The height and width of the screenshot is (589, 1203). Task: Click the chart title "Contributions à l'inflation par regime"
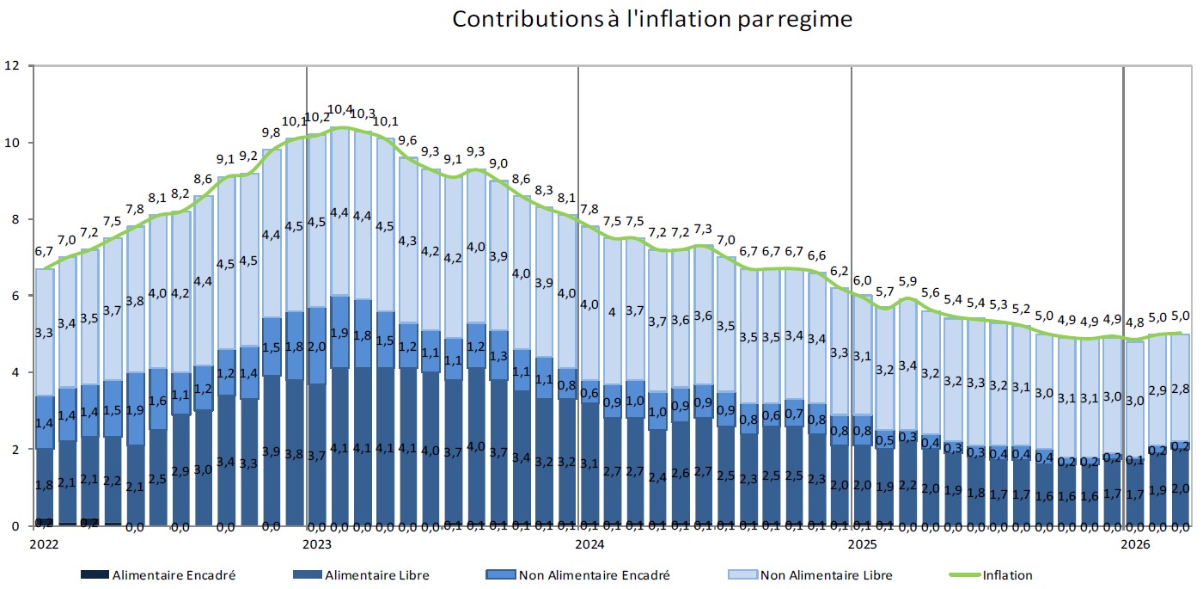click(652, 19)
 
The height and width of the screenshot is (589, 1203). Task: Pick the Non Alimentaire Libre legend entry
click(821, 575)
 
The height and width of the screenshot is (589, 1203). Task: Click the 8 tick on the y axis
click(14, 219)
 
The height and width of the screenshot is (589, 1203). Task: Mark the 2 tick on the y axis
click(14, 450)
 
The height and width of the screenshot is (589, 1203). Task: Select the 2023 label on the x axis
click(318, 544)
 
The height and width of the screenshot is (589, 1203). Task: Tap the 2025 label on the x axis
click(862, 544)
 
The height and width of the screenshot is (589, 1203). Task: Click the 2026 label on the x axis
click(1135, 544)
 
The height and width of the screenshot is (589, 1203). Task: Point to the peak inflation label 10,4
click(340, 110)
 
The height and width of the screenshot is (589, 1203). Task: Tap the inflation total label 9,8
click(272, 132)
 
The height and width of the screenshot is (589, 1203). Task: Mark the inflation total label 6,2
click(839, 271)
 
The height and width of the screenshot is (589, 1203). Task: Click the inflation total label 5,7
click(884, 291)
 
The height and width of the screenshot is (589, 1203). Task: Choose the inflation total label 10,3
click(363, 114)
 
